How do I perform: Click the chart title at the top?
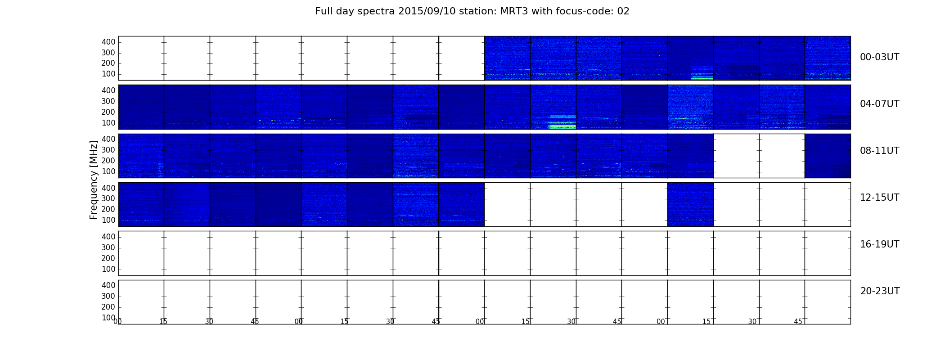472,11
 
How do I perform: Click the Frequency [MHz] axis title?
94,180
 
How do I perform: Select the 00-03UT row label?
879,57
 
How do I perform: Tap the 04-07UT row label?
879,104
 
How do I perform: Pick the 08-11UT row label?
879,151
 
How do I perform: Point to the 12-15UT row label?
879,198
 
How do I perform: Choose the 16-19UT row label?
879,244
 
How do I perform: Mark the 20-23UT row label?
880,291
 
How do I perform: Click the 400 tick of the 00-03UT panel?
108,42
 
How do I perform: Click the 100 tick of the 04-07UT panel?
108,123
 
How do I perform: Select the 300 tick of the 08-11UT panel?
108,150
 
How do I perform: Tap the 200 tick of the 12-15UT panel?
108,209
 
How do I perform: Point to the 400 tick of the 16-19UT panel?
108,237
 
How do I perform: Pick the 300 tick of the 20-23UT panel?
108,296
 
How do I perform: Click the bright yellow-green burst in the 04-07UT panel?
563,126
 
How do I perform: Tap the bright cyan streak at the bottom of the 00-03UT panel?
702,78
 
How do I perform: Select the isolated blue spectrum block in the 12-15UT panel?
690,204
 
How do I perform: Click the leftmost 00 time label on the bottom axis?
117,321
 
